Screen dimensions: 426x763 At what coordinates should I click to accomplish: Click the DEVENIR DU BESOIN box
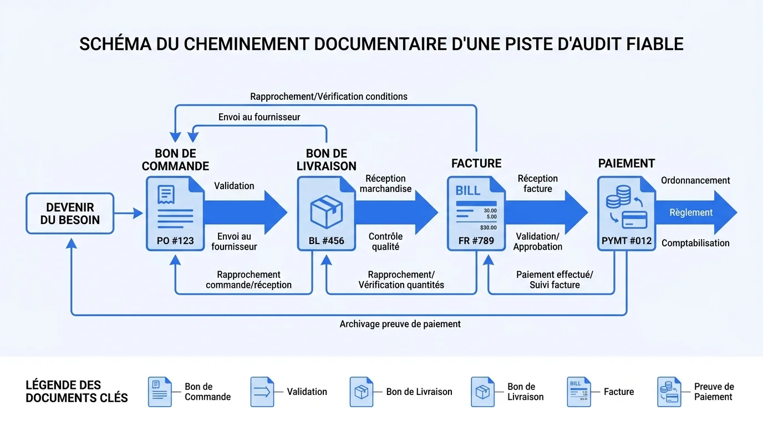(x=70, y=214)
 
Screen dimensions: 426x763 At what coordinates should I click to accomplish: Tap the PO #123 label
(x=175, y=241)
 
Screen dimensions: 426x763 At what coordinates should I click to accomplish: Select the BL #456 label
(x=326, y=241)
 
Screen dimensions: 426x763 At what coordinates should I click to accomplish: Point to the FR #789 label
(x=476, y=241)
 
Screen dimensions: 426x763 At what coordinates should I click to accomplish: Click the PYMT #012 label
(x=627, y=241)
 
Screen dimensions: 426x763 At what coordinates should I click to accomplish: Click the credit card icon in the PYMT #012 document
(x=634, y=220)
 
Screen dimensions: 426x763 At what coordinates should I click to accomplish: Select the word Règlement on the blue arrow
(x=690, y=212)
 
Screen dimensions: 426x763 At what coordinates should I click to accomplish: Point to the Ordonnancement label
(x=695, y=180)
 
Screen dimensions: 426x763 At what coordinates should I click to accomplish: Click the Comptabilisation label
(x=695, y=243)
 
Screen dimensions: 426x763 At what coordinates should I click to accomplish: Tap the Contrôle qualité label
(x=385, y=241)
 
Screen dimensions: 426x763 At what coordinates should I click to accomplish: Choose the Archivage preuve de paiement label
(x=400, y=324)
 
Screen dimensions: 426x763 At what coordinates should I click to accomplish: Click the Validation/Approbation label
(x=537, y=241)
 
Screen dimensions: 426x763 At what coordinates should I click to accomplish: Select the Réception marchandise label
(x=385, y=184)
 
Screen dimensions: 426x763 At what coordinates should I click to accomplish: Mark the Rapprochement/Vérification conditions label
(x=329, y=97)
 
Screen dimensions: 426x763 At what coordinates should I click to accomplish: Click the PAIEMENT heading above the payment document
(x=627, y=164)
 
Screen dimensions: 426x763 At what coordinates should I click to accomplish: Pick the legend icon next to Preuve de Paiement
(x=669, y=392)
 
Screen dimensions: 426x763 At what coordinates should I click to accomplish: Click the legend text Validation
(x=307, y=392)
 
